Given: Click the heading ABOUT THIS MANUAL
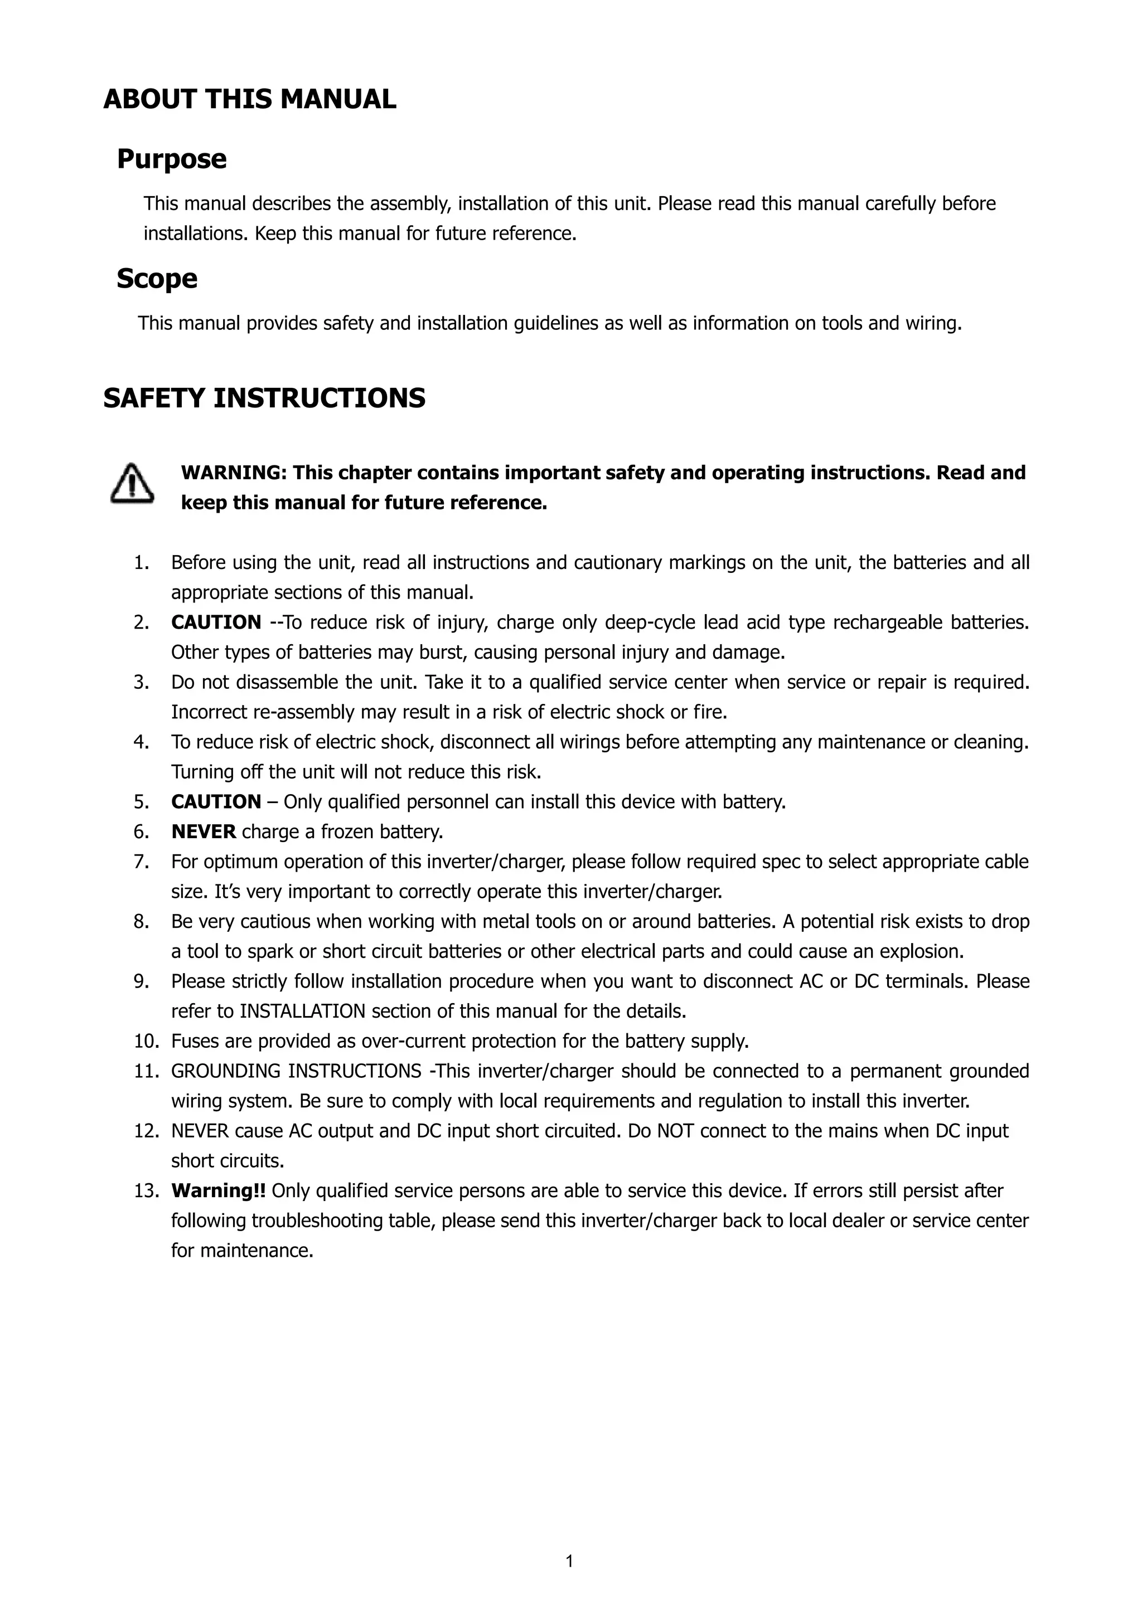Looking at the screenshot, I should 250,99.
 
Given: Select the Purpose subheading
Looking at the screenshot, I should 172,159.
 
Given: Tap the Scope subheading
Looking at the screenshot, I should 157,278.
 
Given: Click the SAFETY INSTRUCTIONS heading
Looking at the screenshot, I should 264,398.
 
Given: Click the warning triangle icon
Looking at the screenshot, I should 132,484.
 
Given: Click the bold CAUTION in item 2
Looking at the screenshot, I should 216,622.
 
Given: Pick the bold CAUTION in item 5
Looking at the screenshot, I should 216,801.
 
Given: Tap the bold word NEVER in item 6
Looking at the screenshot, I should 203,832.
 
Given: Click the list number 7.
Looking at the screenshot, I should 141,861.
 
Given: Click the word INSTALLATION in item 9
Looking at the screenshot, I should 302,1011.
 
